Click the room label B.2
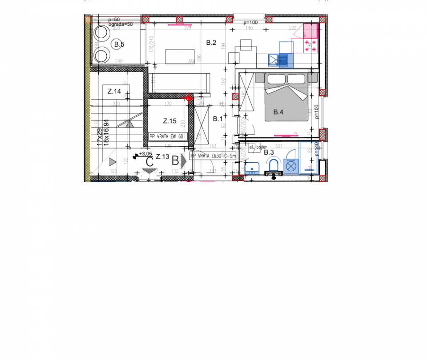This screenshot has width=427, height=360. pyautogui.click(x=211, y=43)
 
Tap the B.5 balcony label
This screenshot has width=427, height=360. pyautogui.click(x=119, y=44)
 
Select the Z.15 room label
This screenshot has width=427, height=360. pyautogui.click(x=169, y=120)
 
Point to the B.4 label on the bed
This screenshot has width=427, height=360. pyautogui.click(x=278, y=112)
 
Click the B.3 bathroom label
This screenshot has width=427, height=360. pyautogui.click(x=270, y=152)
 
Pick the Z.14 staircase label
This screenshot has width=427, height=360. pyautogui.click(x=114, y=92)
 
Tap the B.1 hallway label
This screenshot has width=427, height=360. pyautogui.click(x=218, y=119)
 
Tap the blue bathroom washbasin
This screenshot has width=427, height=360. pyautogui.click(x=252, y=168)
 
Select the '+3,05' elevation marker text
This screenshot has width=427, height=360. pyautogui.click(x=145, y=154)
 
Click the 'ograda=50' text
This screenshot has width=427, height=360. pyautogui.click(x=121, y=24)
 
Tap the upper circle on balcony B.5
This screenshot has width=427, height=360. pyautogui.click(x=101, y=33)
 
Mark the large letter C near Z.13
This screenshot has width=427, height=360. pyautogui.click(x=150, y=162)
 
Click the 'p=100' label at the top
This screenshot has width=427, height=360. pyautogui.click(x=250, y=23)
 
